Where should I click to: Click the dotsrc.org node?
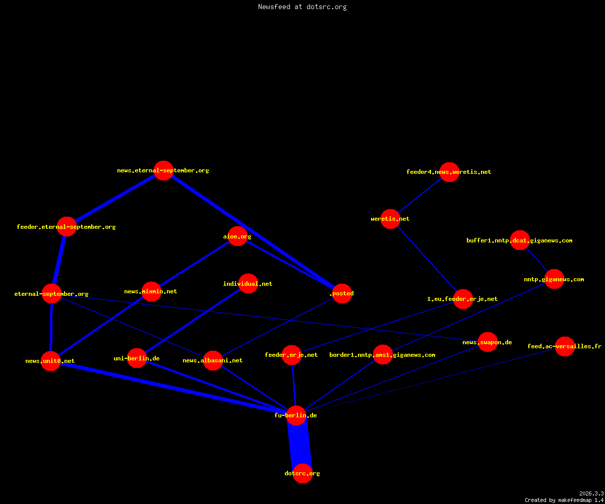click(x=302, y=473)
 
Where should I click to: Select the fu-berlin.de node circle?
click(x=296, y=415)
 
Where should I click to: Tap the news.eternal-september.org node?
click(x=163, y=171)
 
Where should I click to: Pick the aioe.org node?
click(x=237, y=236)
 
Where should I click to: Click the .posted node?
click(x=342, y=293)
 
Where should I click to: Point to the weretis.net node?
click(x=390, y=219)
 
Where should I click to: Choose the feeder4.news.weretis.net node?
click(x=449, y=172)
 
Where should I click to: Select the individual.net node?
click(x=248, y=284)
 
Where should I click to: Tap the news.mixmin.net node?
click(x=151, y=291)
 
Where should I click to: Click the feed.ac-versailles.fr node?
click(x=565, y=346)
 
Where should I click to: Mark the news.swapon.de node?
click(x=488, y=342)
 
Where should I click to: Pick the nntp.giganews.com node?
click(x=554, y=279)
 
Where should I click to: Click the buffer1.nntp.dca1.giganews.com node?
click(x=520, y=240)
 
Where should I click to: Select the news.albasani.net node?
click(x=213, y=361)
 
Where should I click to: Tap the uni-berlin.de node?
click(x=137, y=358)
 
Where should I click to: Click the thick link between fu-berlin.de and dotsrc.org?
click(x=299, y=445)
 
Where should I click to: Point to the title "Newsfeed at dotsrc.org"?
click(x=302, y=7)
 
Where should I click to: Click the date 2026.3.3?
click(x=591, y=493)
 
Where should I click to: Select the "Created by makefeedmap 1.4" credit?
click(x=564, y=500)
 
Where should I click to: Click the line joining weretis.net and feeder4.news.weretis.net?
click(x=420, y=196)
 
